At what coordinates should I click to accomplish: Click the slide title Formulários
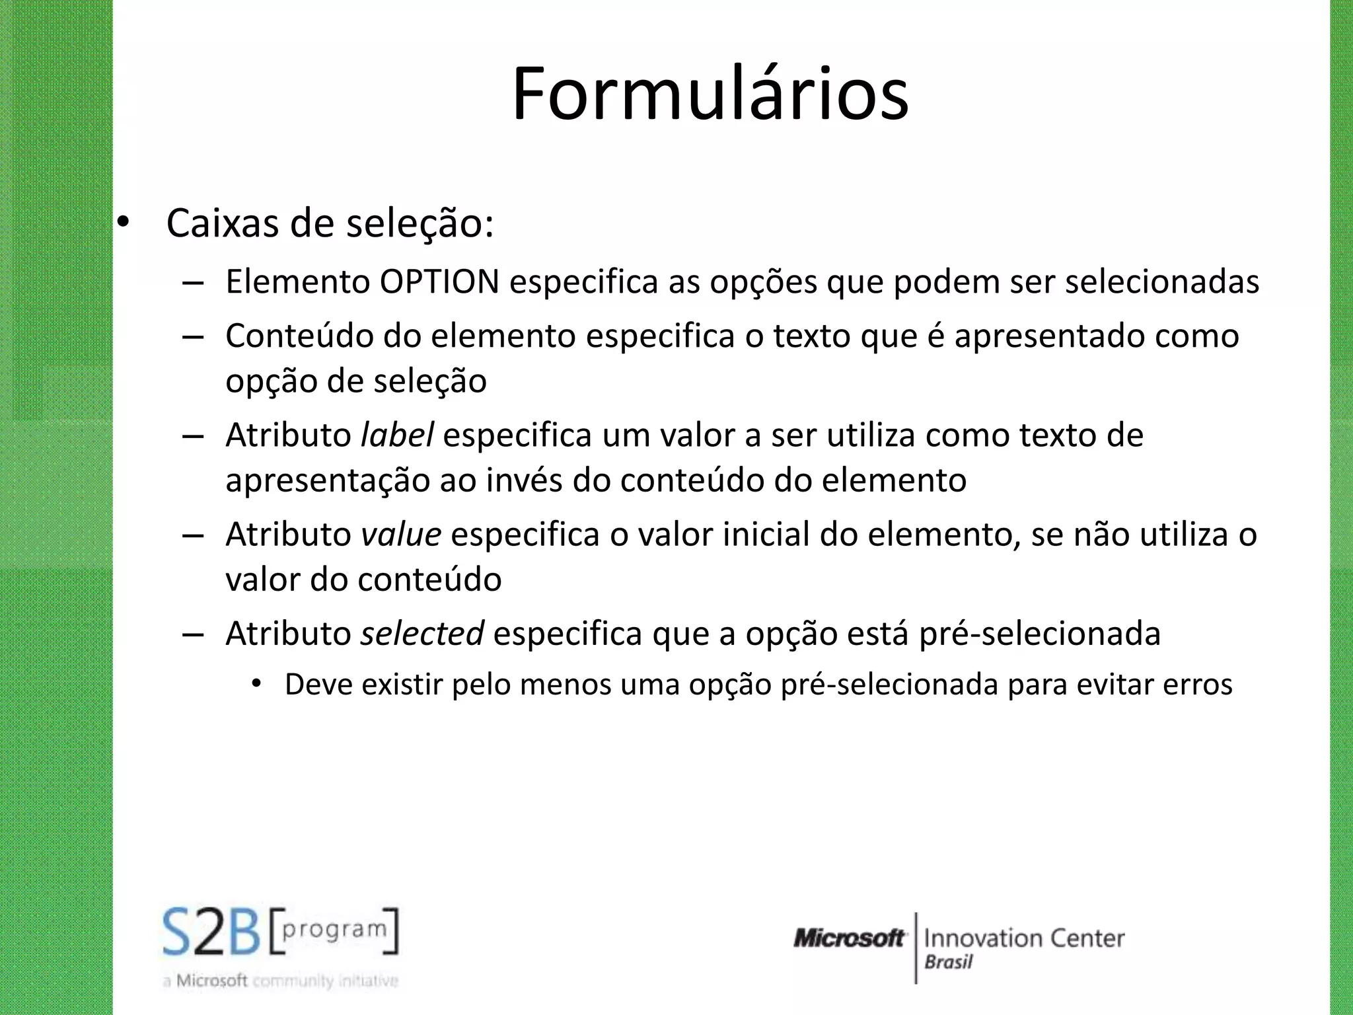[710, 94]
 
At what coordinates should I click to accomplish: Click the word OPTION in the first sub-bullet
[439, 282]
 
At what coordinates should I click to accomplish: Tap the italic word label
[397, 435]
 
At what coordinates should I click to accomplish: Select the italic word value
[401, 535]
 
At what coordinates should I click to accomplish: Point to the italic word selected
[422, 634]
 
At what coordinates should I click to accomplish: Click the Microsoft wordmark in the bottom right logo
[849, 938]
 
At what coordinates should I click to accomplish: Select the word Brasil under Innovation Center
[949, 962]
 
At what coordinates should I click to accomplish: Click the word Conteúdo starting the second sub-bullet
[300, 336]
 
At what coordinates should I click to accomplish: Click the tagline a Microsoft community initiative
[280, 981]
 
